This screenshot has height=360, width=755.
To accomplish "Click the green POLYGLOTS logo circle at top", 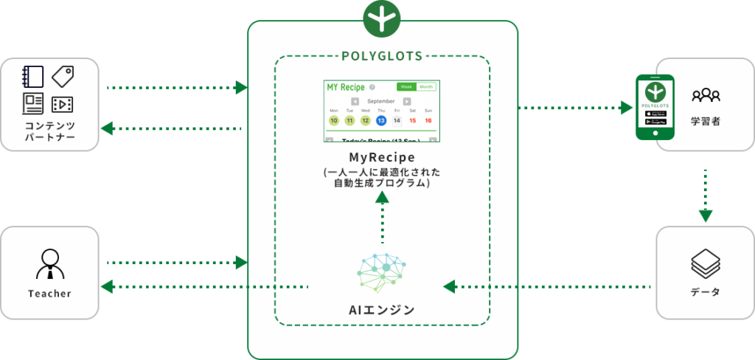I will [x=382, y=18].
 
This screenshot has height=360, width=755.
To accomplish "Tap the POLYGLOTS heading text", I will [x=382, y=56].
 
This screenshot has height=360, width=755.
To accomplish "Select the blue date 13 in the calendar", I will [x=380, y=120].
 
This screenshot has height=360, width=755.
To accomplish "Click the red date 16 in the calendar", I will [x=428, y=120].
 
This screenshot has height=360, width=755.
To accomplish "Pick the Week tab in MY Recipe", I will [x=406, y=87].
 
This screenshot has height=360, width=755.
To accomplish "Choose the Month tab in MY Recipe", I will [x=426, y=87].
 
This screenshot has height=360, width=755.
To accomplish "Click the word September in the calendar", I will [x=381, y=101].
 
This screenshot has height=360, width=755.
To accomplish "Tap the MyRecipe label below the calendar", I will [x=382, y=158].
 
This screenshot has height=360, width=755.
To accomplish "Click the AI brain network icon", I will [x=382, y=270].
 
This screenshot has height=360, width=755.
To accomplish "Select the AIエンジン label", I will [x=382, y=310].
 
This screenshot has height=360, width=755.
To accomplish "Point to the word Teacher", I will [x=49, y=294].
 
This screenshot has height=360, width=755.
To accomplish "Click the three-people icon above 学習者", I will [x=706, y=95].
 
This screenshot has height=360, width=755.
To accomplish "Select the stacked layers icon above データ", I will [x=706, y=263].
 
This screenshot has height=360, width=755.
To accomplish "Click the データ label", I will [x=706, y=293].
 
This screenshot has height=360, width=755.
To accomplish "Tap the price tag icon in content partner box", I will [x=63, y=77].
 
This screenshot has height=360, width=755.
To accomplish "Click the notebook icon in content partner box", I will [x=33, y=77].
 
